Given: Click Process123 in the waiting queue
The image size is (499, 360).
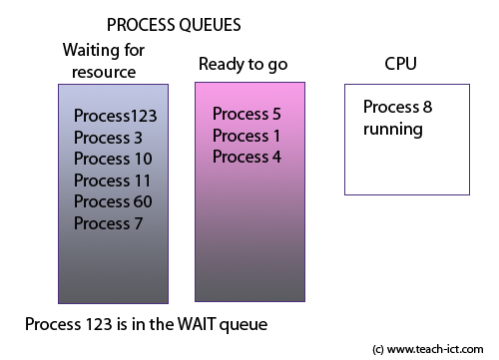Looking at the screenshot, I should tap(116, 116).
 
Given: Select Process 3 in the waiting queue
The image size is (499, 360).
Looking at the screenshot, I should tap(108, 138).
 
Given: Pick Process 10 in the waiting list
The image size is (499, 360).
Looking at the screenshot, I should tap(112, 159).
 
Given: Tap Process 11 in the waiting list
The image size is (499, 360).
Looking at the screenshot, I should tap(112, 180).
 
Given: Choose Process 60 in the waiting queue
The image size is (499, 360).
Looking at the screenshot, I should tap(113, 201).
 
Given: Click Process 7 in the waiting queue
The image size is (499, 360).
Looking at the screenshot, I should tap(108, 223).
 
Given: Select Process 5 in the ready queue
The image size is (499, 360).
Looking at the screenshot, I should tap(247, 114).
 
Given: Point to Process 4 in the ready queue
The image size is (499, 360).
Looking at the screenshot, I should tap(247, 157).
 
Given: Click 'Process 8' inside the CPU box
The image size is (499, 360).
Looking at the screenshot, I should tap(397, 108).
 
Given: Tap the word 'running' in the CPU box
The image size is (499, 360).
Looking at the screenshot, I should tap(393, 130).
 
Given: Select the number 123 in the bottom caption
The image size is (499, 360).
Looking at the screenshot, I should tap(100, 324).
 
